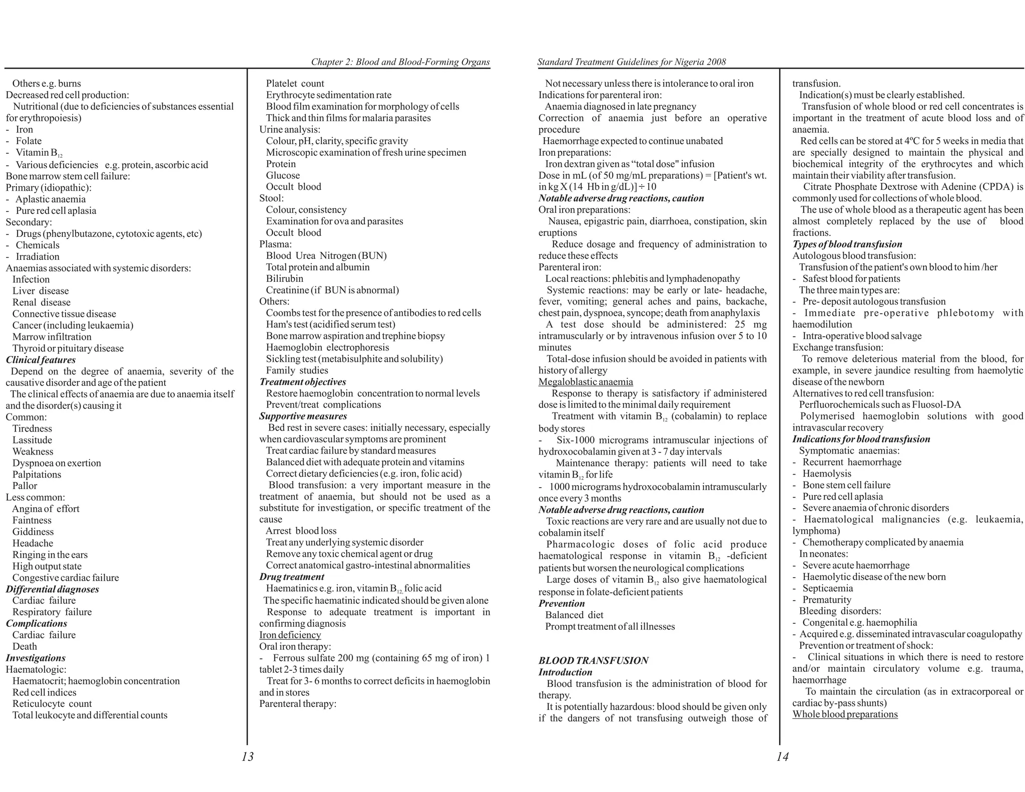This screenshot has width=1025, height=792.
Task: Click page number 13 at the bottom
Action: point(247,756)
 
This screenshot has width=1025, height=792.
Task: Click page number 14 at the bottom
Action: point(782,756)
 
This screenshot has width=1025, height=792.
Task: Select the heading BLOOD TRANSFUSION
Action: point(593,660)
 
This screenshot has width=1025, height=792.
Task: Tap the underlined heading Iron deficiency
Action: point(290,635)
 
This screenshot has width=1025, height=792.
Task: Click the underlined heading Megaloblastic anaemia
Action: point(586,382)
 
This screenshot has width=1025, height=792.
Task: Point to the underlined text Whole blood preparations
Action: point(845,714)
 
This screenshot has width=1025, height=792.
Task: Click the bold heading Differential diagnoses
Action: point(52,589)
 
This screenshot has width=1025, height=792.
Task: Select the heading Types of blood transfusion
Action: point(847,244)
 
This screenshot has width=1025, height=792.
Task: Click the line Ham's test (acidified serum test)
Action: point(330,324)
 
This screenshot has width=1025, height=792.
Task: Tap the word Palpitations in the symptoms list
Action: point(37,474)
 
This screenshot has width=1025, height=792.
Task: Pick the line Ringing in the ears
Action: point(50,555)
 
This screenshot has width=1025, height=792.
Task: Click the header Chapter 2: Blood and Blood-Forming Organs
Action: point(400,62)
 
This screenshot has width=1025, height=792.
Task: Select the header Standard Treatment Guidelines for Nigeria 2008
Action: point(631,62)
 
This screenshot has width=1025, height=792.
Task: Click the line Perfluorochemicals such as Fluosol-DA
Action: point(880,405)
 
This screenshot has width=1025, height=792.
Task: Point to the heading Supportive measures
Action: point(303,416)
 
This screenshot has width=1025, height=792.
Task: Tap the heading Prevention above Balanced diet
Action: point(562,603)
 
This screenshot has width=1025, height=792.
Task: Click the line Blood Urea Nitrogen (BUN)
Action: point(326,256)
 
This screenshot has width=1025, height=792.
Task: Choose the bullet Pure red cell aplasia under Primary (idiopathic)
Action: point(56,211)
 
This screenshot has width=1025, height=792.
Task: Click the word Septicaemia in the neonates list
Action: point(827,588)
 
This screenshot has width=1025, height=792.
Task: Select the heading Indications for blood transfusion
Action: point(861,439)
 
